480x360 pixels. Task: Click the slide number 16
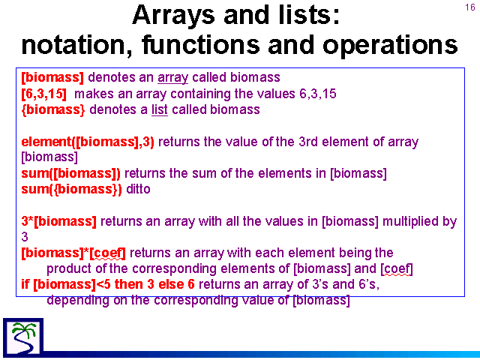pyautogui.click(x=470, y=7)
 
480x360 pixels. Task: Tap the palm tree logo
pyautogui.click(x=23, y=337)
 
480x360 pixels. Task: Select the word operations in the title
pyautogui.click(x=390, y=45)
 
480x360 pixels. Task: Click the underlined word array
pyautogui.click(x=173, y=78)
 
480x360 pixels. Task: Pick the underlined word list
pyautogui.click(x=160, y=109)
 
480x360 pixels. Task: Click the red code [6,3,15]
pyautogui.click(x=43, y=94)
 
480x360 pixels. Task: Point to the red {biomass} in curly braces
pyautogui.click(x=53, y=109)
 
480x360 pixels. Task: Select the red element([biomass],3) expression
pyautogui.click(x=88, y=142)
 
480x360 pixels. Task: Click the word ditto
pyautogui.click(x=138, y=189)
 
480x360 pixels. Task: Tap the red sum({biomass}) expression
pyautogui.click(x=72, y=189)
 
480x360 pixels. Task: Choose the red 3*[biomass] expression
pyautogui.click(x=58, y=221)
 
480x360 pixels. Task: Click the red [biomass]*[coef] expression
pyautogui.click(x=73, y=253)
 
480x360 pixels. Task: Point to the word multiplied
pyautogui.click(x=419, y=222)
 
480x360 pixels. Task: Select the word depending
pyautogui.click(x=78, y=300)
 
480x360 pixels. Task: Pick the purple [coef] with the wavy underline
pyautogui.click(x=397, y=268)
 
